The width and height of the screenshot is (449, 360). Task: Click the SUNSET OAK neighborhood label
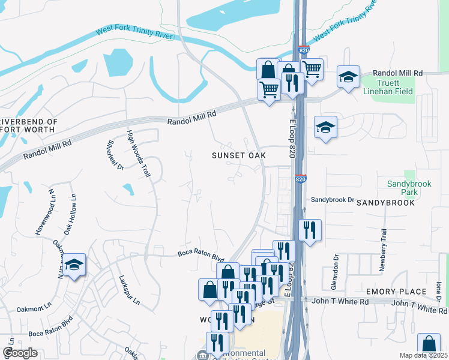coord(238,155)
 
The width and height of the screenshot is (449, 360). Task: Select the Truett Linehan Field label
coord(388,87)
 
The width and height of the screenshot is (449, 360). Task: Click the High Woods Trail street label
coord(137,154)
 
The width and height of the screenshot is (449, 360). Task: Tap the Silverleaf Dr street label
coord(115,155)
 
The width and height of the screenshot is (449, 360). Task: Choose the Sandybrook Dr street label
coord(333,199)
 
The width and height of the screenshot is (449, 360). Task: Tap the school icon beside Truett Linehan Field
coord(348,77)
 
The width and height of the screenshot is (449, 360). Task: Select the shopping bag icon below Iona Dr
coord(429,345)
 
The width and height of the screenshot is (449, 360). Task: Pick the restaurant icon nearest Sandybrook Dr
coord(310,230)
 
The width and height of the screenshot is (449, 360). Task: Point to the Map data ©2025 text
coord(423,355)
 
